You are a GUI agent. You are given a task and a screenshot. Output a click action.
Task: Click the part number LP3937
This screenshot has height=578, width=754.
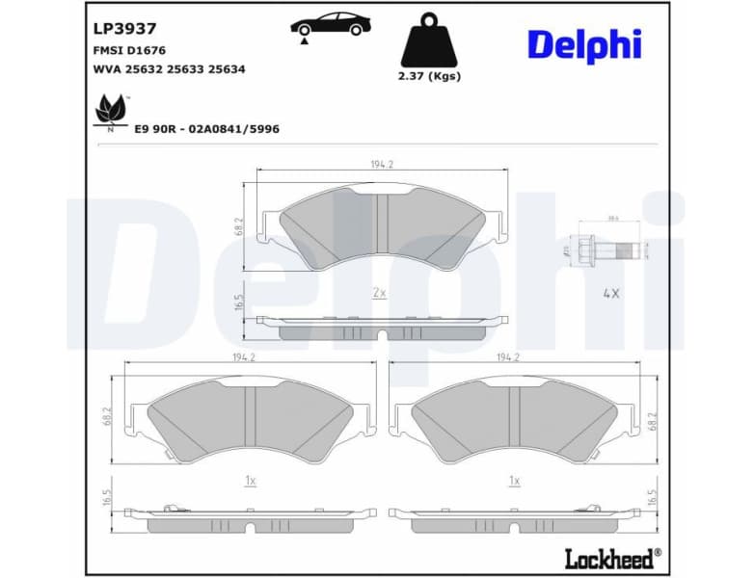(x=124, y=30)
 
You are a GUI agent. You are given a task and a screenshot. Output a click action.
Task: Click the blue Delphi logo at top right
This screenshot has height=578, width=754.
(x=583, y=44)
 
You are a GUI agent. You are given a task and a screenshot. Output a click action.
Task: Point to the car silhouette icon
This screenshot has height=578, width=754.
(x=331, y=25)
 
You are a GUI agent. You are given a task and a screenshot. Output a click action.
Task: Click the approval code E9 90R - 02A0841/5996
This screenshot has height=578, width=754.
(x=207, y=128)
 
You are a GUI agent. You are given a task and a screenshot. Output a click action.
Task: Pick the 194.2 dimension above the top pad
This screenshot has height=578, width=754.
(x=382, y=165)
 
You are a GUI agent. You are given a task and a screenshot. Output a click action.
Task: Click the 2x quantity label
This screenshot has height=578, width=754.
(x=379, y=292)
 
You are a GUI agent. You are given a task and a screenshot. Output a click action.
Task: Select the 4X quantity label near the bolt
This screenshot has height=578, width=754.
(x=610, y=292)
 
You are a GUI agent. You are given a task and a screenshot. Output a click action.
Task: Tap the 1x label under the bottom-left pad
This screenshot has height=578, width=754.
(x=250, y=479)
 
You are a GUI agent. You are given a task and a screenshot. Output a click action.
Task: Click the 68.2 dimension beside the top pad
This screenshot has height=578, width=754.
(x=239, y=226)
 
